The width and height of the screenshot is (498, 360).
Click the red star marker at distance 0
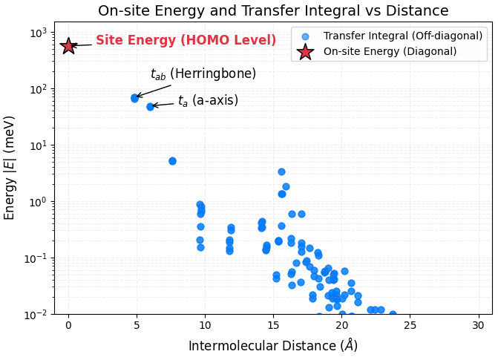pos(68,46)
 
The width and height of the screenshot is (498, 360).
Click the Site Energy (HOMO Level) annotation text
pos(186,41)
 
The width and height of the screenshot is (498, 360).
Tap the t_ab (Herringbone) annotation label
pos(203,74)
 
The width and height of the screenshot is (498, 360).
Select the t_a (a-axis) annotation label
pos(208,101)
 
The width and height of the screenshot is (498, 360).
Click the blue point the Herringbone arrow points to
pos(135,98)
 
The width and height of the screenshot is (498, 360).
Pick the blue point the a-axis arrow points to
pos(150,106)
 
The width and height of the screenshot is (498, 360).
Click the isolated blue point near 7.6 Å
pos(172,161)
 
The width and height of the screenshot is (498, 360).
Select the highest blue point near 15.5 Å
pos(281,171)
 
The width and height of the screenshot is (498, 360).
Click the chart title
pos(273,11)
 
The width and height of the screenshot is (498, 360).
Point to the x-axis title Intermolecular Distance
pos(273,346)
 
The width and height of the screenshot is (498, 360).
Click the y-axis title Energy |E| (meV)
pos(10,168)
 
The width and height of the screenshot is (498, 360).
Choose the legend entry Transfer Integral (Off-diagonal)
pos(390,36)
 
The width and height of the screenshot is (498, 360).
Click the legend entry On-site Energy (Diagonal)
pos(390,51)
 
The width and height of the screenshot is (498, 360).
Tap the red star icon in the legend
pos(305,52)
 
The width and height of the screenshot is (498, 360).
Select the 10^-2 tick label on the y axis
pos(37,315)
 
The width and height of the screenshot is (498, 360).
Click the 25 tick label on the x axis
pos(410,325)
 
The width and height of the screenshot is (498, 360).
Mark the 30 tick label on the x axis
pos(479,325)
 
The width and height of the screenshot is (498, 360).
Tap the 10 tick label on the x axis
pos(205,325)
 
